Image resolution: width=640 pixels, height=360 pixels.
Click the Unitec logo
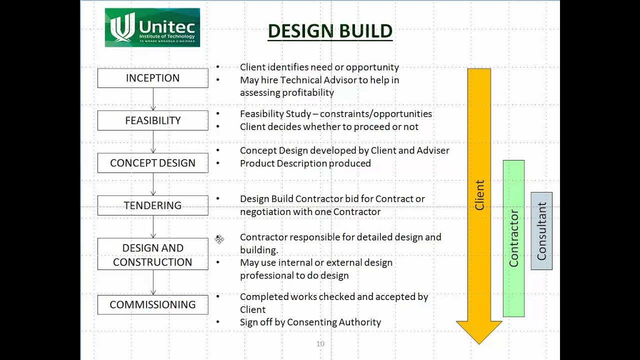click(x=152, y=27)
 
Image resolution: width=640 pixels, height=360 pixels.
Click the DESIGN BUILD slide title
click(x=330, y=31)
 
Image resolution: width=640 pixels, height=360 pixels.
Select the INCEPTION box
click(x=152, y=78)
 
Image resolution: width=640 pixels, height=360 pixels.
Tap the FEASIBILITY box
click(x=152, y=120)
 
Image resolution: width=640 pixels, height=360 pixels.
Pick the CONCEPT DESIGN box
click(x=152, y=163)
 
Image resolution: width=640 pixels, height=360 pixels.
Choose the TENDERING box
click(x=152, y=205)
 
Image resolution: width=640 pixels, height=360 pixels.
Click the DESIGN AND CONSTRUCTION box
click(x=152, y=254)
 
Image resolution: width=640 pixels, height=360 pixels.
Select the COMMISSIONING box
click(x=152, y=304)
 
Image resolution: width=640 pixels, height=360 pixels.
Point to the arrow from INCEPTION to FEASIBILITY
click(x=153, y=99)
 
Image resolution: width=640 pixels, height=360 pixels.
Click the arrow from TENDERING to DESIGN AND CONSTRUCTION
click(x=153, y=226)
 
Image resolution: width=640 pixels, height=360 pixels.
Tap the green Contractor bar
click(x=513, y=238)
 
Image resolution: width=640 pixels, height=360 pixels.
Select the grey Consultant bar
click(x=541, y=231)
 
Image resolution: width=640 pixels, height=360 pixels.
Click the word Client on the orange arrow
click(x=479, y=195)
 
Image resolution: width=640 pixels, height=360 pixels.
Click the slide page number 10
click(x=320, y=343)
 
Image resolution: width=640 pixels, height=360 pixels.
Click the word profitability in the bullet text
click(x=308, y=92)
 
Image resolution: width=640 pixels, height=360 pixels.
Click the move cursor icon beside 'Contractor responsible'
click(x=219, y=239)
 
